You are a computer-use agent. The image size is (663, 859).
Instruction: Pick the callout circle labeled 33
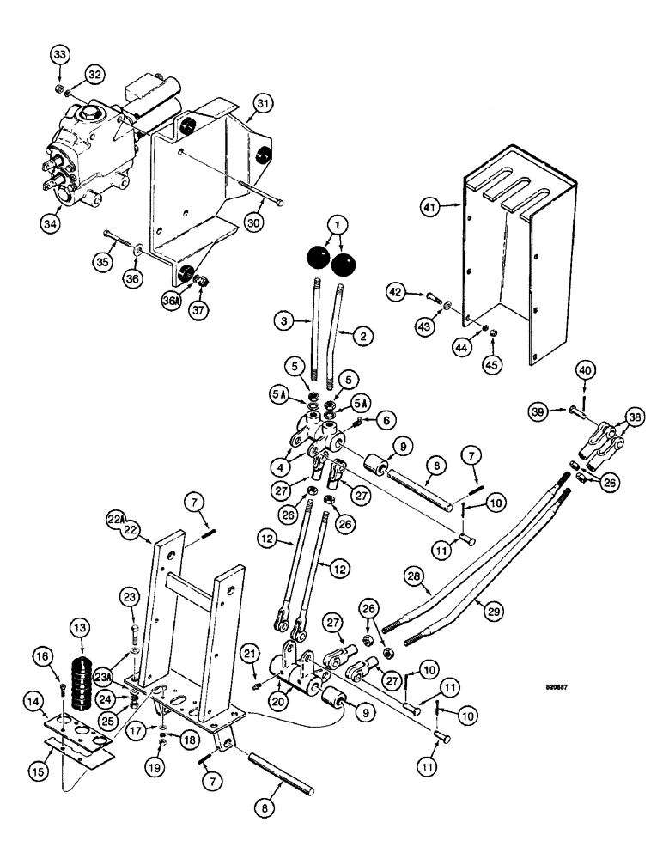59,56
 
